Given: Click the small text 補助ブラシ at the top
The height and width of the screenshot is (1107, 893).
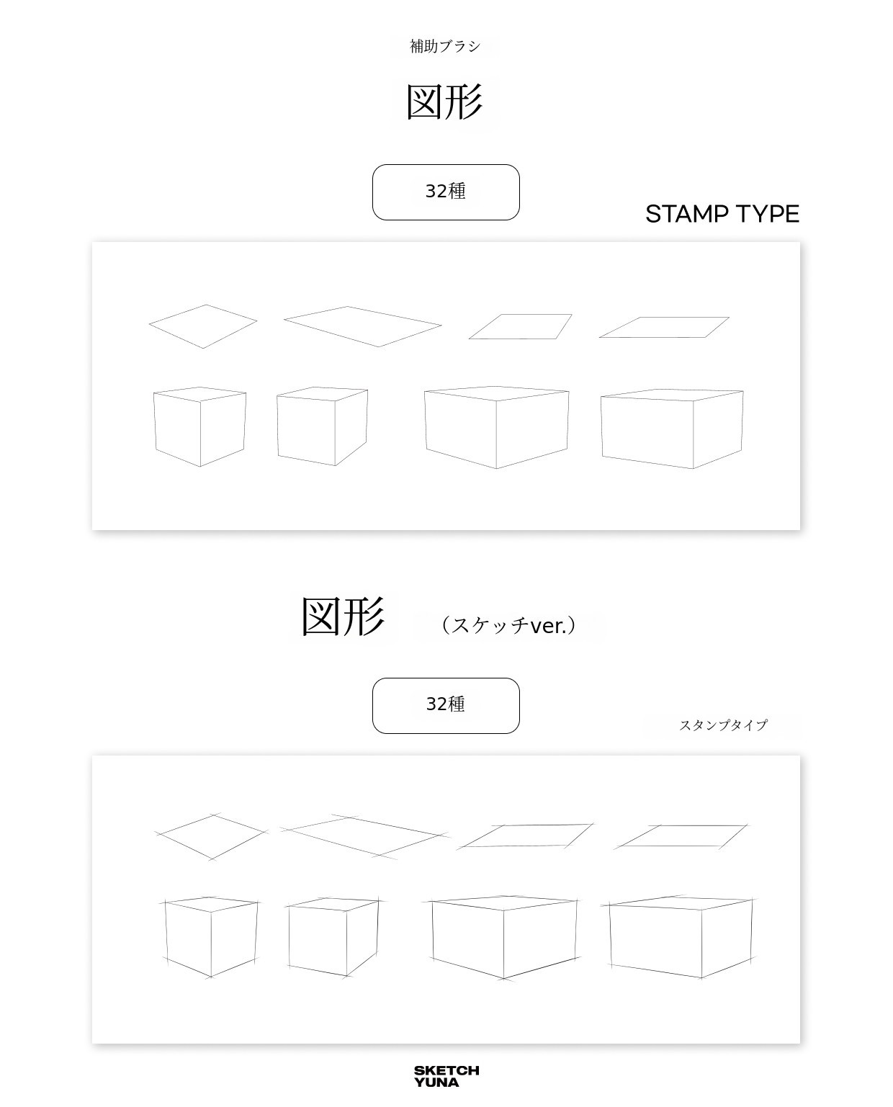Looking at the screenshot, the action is point(445,46).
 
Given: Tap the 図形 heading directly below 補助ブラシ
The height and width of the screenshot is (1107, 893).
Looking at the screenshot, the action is point(445,102).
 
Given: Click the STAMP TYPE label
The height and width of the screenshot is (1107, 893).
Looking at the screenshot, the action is point(722,214).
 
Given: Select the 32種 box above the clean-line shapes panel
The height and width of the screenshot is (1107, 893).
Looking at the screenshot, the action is point(446,192).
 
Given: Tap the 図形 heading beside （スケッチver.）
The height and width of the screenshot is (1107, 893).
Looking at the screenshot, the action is point(343,617).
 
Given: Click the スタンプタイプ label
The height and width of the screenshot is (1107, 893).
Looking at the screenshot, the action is point(723,725).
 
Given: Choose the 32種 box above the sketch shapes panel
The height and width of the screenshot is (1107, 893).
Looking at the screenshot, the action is point(446,705).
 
